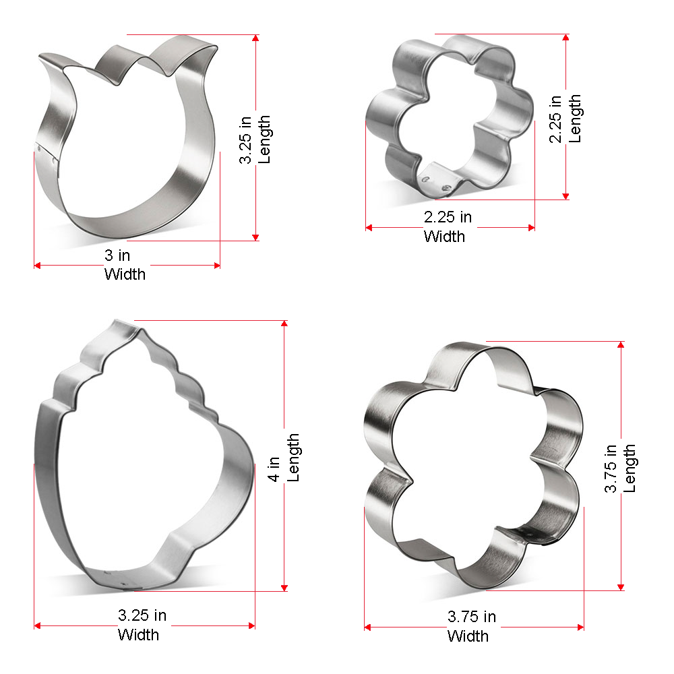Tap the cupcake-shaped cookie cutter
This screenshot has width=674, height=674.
[47, 473]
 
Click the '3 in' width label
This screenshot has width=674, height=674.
[117, 255]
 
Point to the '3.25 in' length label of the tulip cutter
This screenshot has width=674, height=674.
[245, 140]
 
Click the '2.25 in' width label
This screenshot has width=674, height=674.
[448, 217]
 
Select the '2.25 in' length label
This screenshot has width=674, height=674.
[555, 119]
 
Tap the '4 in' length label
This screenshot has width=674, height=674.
[274, 469]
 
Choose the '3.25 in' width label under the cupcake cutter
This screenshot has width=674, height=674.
[142, 615]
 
